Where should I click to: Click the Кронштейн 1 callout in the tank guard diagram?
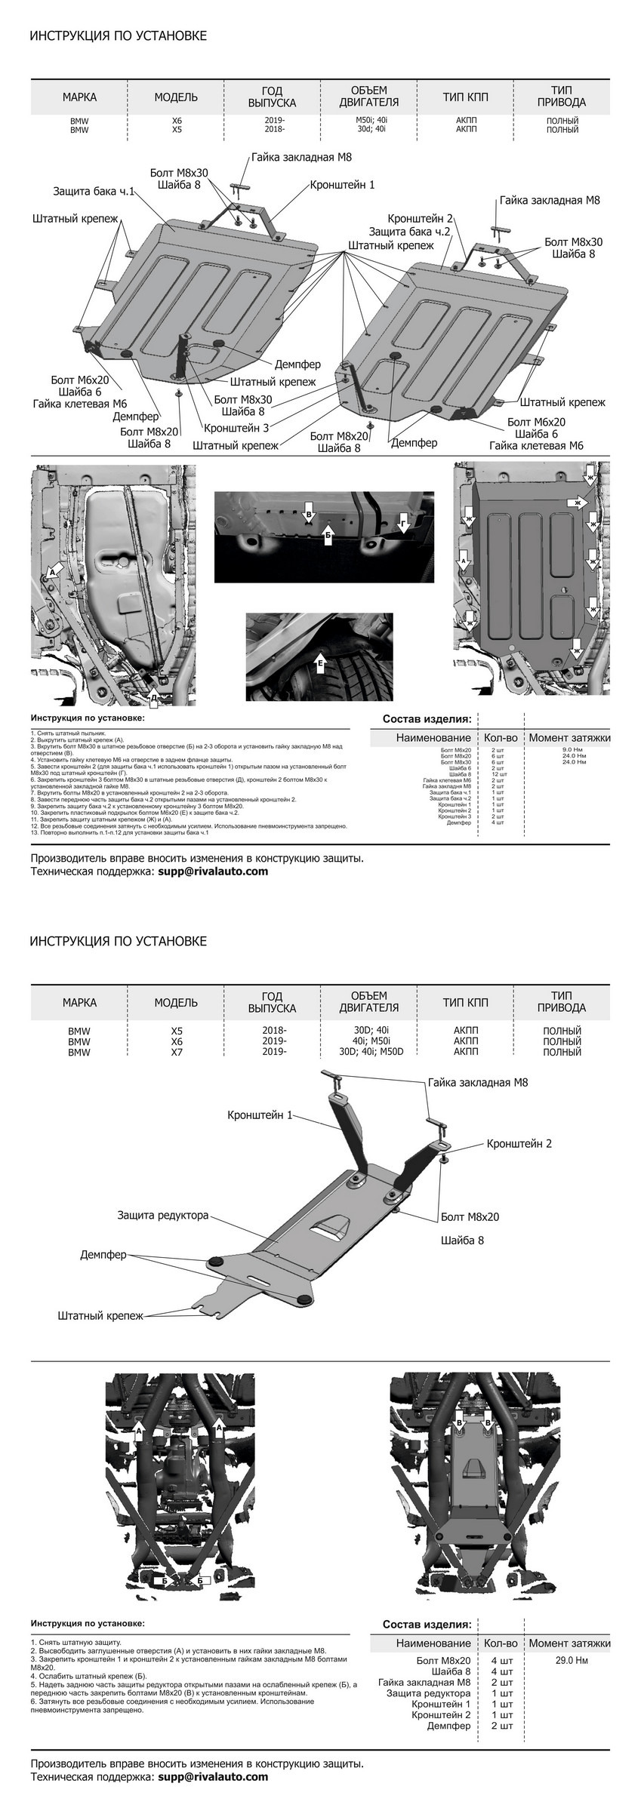coord(341,184)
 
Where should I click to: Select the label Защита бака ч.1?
coord(93,191)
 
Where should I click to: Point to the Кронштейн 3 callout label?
coord(236,428)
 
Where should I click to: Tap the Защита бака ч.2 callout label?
coord(409,232)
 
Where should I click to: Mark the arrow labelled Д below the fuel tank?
coord(153,697)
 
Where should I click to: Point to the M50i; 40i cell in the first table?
coord(374,120)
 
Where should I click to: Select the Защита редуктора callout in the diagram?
coord(162,1216)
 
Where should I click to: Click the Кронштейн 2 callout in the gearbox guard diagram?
coord(519,1143)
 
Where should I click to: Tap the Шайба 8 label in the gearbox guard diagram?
coord(462,1240)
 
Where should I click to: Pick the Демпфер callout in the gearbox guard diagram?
coord(103,1254)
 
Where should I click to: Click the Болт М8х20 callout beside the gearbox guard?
coord(470,1216)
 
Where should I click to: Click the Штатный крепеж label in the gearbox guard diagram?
coord(100,1315)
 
